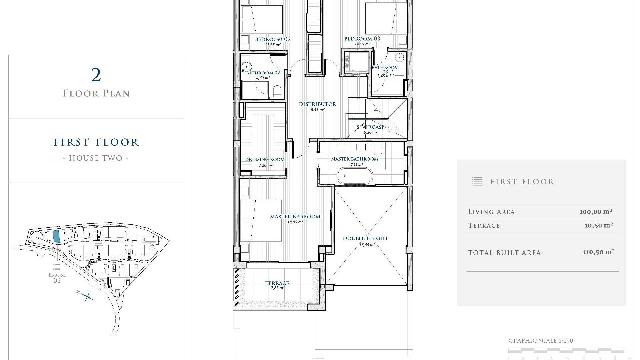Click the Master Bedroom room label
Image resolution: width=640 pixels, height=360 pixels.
(x=295, y=217)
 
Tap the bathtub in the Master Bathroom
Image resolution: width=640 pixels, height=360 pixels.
(x=355, y=176)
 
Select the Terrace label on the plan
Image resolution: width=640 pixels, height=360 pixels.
(x=277, y=283)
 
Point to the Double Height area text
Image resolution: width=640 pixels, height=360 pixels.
(x=365, y=238)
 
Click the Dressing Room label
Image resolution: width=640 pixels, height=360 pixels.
(x=265, y=160)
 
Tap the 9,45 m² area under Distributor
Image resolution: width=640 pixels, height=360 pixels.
(x=317, y=110)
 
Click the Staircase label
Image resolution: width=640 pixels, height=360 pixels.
(x=370, y=127)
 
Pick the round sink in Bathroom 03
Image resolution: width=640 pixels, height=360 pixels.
(x=400, y=58)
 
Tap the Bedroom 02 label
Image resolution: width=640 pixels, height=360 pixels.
(x=273, y=39)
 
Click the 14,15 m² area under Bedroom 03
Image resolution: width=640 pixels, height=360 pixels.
(x=362, y=44)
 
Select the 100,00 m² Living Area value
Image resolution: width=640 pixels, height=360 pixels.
(x=596, y=212)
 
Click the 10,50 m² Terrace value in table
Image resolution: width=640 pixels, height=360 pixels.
(x=599, y=225)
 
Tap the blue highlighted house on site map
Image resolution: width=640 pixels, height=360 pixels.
(x=56, y=236)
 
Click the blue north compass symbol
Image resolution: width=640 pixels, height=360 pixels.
(x=87, y=296)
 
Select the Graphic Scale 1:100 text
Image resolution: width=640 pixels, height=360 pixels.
(x=540, y=341)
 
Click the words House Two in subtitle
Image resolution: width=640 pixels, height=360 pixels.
(x=96, y=158)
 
